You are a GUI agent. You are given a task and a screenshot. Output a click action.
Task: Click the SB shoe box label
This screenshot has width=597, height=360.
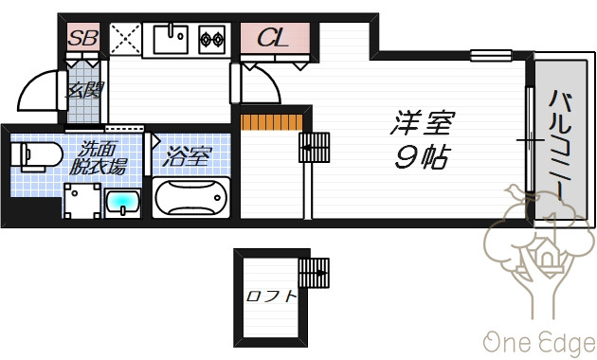[83, 38]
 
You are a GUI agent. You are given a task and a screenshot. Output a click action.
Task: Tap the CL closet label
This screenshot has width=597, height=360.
[273, 38]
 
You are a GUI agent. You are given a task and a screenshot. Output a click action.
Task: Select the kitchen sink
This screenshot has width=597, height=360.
[171, 39]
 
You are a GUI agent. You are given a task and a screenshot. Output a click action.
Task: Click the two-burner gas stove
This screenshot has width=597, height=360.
[212, 39]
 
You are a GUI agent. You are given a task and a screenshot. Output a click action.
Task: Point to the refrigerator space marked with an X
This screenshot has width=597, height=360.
[125, 39]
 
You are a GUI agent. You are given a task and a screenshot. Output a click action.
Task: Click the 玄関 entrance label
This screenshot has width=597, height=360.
[85, 90]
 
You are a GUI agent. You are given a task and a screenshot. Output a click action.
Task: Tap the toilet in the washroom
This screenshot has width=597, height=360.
[36, 155]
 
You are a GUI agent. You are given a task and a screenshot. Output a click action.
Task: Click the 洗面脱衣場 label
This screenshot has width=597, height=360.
[98, 158]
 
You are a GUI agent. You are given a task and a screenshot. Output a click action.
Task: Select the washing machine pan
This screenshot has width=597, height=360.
[82, 201]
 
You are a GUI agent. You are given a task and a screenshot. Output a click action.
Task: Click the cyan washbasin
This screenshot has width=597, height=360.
[122, 203]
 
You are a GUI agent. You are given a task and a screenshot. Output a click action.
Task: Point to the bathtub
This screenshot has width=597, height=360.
[191, 198]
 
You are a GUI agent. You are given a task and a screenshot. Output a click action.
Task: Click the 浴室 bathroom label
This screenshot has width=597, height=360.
[187, 156]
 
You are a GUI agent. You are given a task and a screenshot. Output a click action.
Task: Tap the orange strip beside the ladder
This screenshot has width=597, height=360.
[271, 122]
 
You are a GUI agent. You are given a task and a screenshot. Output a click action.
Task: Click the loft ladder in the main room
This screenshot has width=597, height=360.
[314, 147]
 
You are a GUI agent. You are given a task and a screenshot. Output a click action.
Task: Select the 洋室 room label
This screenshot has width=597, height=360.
[423, 122]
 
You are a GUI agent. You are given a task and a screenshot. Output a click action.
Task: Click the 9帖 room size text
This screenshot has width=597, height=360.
[423, 156]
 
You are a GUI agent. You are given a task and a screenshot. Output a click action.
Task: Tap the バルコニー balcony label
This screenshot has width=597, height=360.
[561, 145]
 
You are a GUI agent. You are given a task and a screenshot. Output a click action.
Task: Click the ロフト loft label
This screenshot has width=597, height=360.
[271, 296]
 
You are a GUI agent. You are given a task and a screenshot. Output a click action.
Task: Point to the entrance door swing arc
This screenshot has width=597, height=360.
[33, 90]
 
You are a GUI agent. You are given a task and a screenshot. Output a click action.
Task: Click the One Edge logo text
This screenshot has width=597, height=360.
[539, 343]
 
